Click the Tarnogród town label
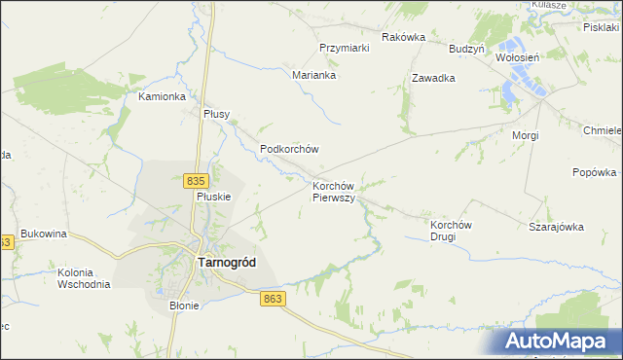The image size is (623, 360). (229, 262)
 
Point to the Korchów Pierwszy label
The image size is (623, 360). (338, 191)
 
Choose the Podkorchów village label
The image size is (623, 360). (290, 149)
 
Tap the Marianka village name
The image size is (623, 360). (314, 74)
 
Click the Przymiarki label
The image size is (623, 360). (344, 48)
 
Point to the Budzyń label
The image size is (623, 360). (466, 48)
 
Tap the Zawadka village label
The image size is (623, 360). (434, 78)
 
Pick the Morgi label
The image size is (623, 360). (525, 135)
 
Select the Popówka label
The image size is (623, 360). (595, 173)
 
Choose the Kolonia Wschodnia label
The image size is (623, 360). (84, 277)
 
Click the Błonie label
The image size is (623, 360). (184, 306)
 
